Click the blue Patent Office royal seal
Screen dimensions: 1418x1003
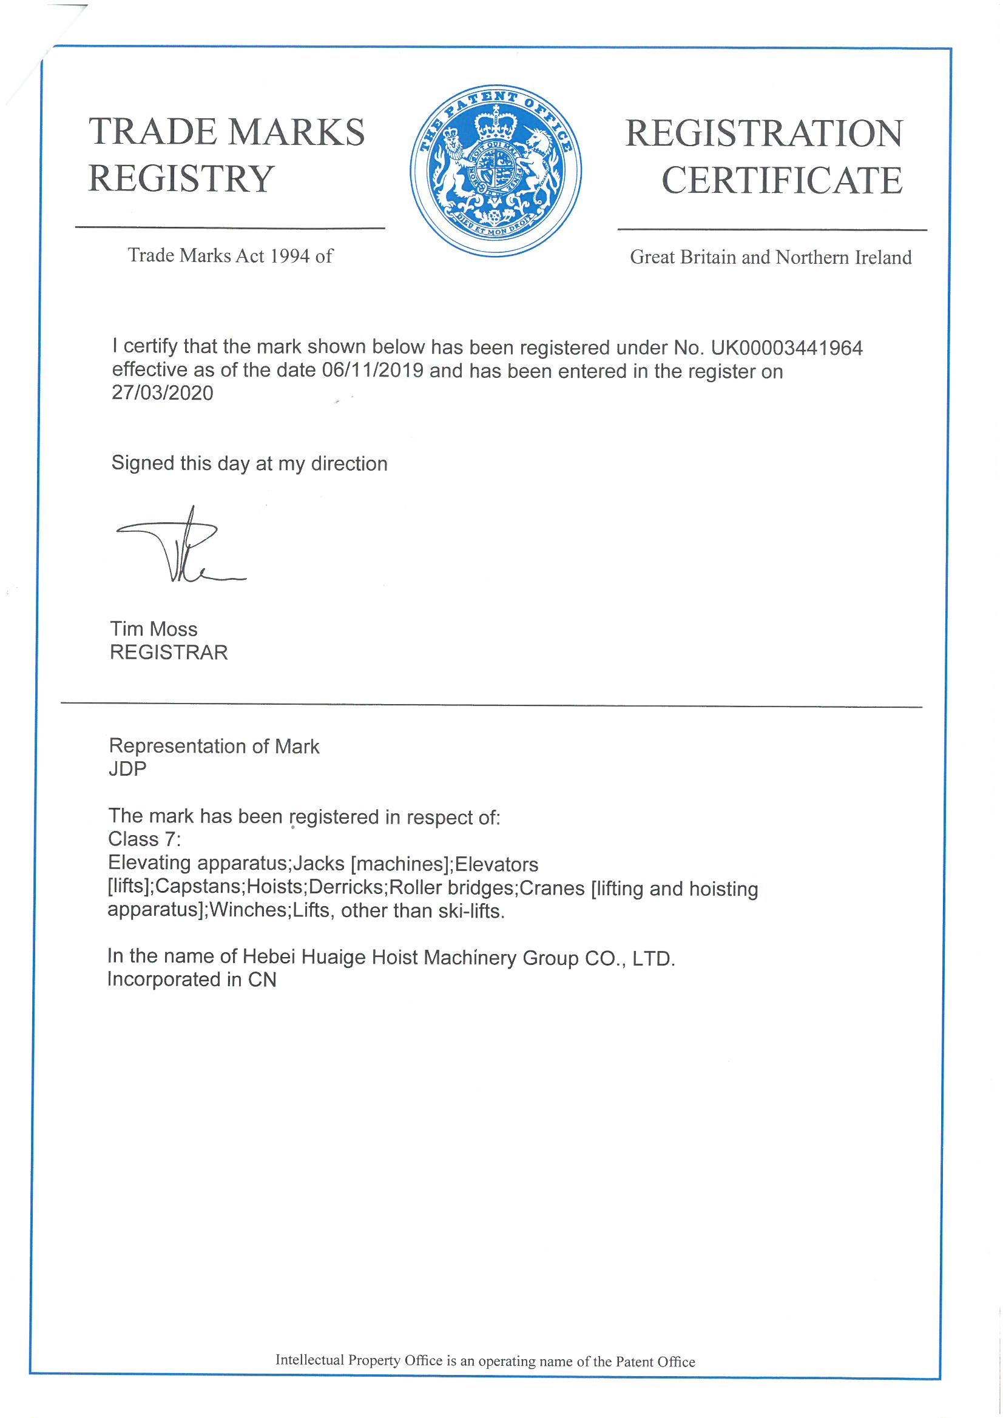[x=496, y=170]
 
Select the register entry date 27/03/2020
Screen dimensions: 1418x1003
[x=162, y=394]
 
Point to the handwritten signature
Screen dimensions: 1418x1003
[x=179, y=546]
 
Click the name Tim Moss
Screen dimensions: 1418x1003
[x=154, y=629]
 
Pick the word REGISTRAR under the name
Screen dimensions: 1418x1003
[x=169, y=652]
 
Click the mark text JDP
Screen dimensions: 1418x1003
[x=127, y=769]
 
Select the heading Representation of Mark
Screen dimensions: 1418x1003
[x=214, y=746]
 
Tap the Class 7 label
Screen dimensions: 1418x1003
[x=144, y=839]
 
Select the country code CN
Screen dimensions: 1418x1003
[x=262, y=979]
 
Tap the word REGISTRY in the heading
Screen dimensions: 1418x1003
[x=181, y=178]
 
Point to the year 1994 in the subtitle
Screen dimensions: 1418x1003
[x=289, y=256]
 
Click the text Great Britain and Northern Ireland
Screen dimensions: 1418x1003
[x=771, y=257]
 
